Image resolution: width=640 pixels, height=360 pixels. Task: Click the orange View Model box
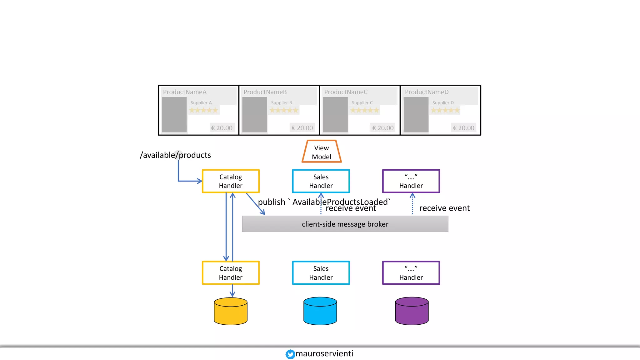[x=322, y=152]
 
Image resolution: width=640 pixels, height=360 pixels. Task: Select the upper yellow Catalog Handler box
[x=231, y=181]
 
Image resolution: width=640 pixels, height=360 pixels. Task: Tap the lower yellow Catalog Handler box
[x=231, y=273]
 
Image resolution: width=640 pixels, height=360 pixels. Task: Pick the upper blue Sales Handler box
[x=321, y=181]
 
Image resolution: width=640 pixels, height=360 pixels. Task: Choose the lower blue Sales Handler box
[x=321, y=273]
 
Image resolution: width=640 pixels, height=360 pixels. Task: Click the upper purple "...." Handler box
[x=411, y=181]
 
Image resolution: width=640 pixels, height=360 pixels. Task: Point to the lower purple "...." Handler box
[x=411, y=273]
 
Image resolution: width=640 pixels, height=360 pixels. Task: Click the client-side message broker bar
[x=345, y=224]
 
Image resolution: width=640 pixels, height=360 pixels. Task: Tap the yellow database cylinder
[x=231, y=312]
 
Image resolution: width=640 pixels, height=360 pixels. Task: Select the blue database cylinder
[x=320, y=311]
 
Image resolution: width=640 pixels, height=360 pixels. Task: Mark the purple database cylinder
[x=412, y=311]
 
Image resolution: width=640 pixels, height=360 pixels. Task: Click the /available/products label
[x=175, y=155]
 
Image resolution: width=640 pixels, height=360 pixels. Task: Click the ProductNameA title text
[x=185, y=92]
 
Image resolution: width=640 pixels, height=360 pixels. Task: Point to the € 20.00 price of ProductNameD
[x=463, y=128]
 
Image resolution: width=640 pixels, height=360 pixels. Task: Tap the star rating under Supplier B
[x=284, y=110]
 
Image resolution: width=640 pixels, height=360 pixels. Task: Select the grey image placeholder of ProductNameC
[x=335, y=115]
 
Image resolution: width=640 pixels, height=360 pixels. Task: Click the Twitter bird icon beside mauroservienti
[x=290, y=354]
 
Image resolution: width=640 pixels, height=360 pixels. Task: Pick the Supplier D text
[x=443, y=102]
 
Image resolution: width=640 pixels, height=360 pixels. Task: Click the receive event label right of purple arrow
[x=444, y=208]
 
